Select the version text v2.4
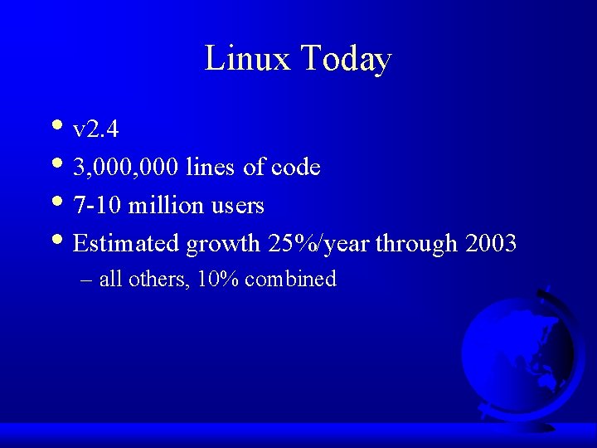pos(95,129)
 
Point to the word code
pos(297,168)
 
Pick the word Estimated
pos(127,244)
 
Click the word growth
pos(223,245)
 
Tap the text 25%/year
pos(318,244)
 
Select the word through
pos(416,245)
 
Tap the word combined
pos(291,280)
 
